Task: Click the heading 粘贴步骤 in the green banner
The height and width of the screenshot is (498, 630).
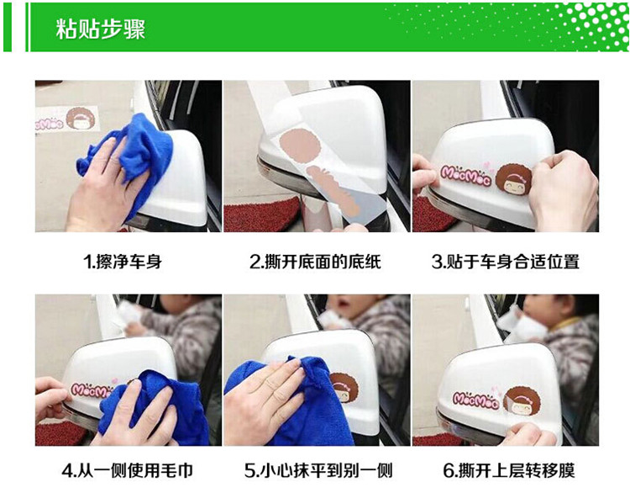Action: coord(101,29)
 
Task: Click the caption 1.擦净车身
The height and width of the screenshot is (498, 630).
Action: coord(123,262)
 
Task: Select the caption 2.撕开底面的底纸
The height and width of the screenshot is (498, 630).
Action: coord(315,262)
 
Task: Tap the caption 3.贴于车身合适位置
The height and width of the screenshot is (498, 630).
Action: coord(506,262)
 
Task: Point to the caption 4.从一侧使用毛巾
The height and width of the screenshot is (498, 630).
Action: coord(128,470)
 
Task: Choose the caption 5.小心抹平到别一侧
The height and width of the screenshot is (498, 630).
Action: coord(318,470)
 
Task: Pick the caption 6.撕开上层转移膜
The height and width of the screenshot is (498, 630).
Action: coord(509,470)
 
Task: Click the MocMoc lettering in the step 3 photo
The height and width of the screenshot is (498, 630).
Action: coord(466,176)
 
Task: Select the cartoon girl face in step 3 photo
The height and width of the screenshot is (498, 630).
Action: coord(514,184)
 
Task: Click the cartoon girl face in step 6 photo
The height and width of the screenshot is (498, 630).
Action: coord(522,404)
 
